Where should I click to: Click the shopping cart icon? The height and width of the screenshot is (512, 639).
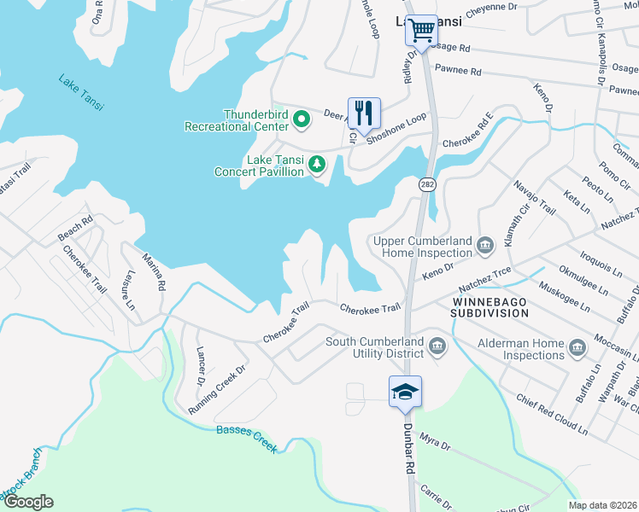[x=421, y=31]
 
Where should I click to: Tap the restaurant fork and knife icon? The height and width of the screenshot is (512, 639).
[x=364, y=112]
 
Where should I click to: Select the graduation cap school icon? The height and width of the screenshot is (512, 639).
[x=405, y=392]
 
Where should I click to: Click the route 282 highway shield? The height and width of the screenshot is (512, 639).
[x=425, y=184]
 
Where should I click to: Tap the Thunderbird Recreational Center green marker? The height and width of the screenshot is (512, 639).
[x=301, y=119]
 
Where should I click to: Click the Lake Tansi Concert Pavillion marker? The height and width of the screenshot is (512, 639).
[x=317, y=163]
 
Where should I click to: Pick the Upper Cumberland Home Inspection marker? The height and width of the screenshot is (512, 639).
[x=484, y=247]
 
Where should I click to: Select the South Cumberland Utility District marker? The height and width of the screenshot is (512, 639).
[x=437, y=346]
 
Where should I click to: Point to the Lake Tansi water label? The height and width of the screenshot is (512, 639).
[x=81, y=93]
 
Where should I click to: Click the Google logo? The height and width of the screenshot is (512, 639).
[x=28, y=502]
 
